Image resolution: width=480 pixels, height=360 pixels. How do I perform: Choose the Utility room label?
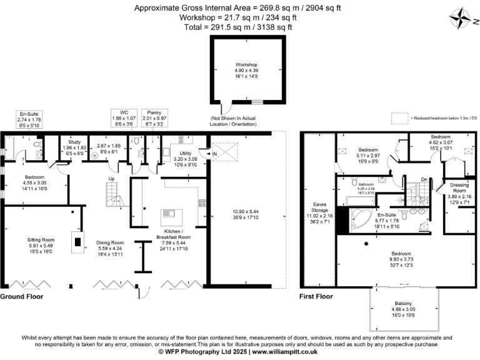(x=185, y=153)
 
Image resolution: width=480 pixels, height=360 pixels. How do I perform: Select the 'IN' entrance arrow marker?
(x=211, y=153)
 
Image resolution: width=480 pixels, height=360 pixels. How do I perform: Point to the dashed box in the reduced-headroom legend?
(x=399, y=117)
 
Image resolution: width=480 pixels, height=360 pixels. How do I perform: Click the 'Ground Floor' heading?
(x=24, y=296)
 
